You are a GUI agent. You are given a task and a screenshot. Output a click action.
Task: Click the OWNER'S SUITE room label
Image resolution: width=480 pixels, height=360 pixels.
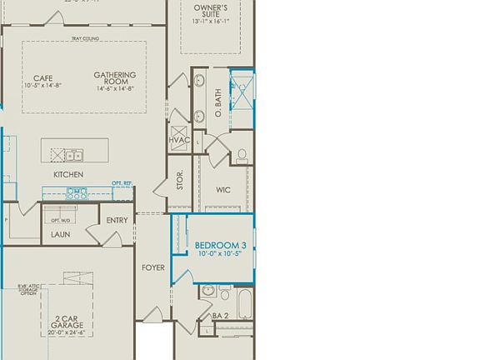tap(211, 9)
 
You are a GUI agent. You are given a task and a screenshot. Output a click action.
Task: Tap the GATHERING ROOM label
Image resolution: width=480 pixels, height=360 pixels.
tap(115, 81)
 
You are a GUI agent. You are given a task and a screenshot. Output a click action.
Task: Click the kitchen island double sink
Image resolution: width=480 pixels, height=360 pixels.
tap(74, 155)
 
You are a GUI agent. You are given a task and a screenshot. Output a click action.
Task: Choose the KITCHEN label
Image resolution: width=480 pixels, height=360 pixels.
tap(68, 175)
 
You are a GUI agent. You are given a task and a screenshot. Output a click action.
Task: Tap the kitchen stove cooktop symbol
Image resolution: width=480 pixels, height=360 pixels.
tap(77, 193)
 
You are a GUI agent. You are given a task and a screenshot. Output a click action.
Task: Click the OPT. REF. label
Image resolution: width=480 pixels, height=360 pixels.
tap(122, 182)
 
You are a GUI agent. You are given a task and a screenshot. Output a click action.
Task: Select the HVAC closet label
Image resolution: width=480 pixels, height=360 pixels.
tap(180, 140)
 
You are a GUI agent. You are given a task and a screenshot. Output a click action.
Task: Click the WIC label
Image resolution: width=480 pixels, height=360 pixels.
tap(223, 190)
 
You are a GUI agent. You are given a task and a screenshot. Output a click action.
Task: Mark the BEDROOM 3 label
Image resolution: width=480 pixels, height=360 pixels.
tap(221, 245)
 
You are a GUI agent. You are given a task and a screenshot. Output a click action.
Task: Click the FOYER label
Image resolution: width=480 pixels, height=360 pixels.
tap(152, 267)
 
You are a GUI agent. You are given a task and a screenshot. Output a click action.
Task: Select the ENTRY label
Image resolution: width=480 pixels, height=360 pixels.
tap(117, 220)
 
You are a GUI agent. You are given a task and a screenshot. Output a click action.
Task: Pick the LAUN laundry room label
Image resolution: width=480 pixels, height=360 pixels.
tap(60, 235)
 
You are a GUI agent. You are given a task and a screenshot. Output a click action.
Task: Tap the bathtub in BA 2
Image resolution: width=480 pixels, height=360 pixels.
tap(244, 304)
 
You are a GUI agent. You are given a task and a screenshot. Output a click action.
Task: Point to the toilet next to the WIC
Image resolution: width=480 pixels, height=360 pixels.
tap(242, 155)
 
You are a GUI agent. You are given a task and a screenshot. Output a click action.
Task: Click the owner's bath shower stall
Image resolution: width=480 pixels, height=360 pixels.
tap(242, 93)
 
